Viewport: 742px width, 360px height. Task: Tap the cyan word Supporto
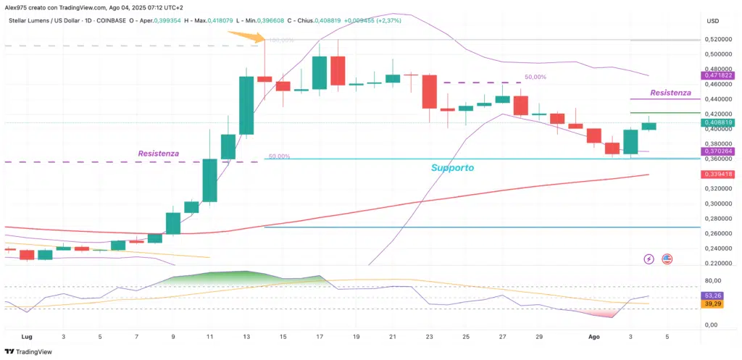452,167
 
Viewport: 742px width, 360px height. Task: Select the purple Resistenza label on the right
670,93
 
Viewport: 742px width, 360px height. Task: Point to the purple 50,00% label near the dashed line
535,77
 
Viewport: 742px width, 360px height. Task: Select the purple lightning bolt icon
649,259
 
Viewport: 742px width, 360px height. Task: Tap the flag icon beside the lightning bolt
667,259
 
